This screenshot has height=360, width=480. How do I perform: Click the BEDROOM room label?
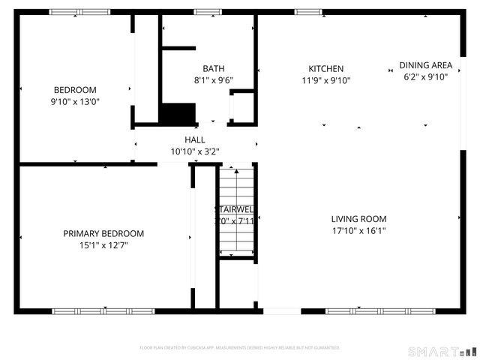coord(75,89)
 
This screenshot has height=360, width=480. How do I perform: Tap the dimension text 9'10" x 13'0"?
coord(75,101)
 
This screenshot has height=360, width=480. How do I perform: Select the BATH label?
coord(213,68)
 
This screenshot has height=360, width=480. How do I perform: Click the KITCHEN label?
coord(325,68)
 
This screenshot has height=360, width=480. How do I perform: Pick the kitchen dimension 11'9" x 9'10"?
coord(325,80)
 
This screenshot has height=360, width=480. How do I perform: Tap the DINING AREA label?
coord(425,65)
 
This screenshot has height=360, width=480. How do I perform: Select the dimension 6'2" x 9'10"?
coord(425,76)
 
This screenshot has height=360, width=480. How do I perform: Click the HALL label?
coord(195,139)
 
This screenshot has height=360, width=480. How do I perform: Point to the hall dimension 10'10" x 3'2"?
coord(195,151)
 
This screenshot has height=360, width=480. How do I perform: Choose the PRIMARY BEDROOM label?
coord(103,233)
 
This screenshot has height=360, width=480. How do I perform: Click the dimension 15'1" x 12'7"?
coord(103,244)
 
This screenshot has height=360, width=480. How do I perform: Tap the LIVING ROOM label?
coord(358,219)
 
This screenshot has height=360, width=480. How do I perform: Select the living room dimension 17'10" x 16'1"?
coord(358,231)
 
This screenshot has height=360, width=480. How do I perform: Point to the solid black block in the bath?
coord(177,114)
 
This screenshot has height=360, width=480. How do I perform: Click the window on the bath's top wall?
coord(208,12)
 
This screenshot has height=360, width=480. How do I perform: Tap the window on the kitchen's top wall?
coord(307,12)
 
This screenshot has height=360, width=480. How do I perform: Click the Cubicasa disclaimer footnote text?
coord(240,348)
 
